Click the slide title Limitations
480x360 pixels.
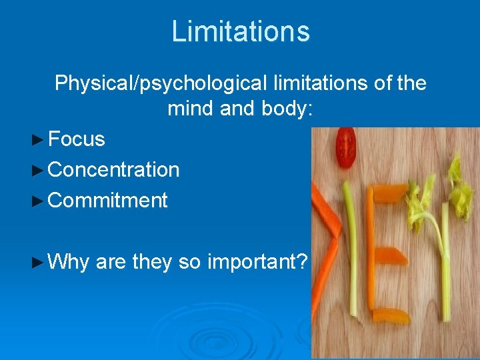pos(240,31)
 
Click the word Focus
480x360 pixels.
pos(77,139)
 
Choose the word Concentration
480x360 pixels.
pos(114,170)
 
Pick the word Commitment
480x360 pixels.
pos(108,200)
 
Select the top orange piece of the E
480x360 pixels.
pos(389,193)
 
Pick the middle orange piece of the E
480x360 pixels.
pos(390,255)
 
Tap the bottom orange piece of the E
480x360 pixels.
pos(390,315)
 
